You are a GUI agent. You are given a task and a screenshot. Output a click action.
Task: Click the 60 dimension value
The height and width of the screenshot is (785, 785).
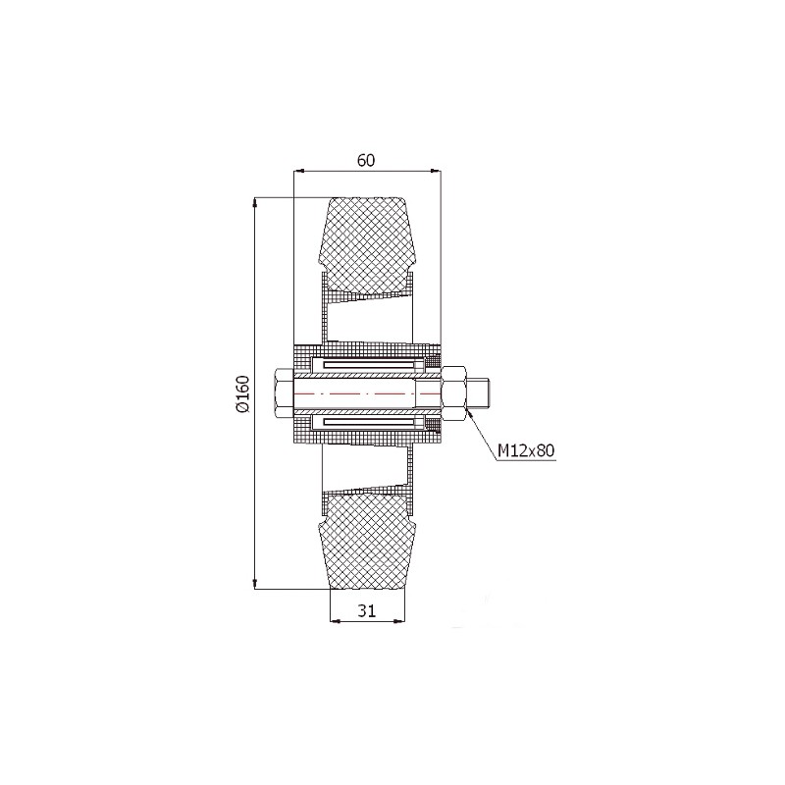[x=366, y=160]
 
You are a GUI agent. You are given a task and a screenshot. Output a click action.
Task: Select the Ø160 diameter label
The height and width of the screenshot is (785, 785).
[x=242, y=393]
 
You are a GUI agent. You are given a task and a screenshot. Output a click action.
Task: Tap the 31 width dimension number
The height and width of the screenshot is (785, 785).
[x=366, y=610]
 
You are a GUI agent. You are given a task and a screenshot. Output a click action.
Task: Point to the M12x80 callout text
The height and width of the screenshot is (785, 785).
[x=526, y=451]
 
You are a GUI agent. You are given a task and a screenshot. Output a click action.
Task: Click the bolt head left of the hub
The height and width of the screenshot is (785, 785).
[x=283, y=393]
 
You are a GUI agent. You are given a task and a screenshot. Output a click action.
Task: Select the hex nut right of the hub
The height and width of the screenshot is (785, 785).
[x=454, y=393]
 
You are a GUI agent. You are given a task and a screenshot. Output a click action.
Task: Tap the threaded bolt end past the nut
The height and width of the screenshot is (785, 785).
[x=479, y=393]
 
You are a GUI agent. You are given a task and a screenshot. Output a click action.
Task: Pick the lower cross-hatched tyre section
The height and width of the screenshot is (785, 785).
[x=367, y=543]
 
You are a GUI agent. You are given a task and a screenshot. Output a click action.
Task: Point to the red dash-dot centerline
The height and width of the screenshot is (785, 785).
[x=368, y=393]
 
